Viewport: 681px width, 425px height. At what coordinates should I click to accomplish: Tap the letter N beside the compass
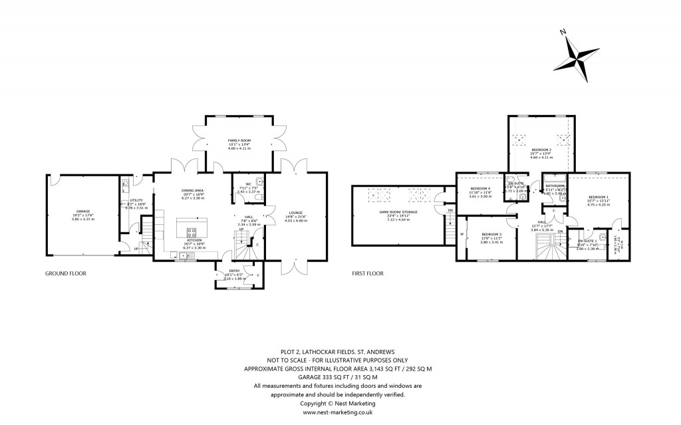[563, 33]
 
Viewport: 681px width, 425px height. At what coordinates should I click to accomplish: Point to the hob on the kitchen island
[193, 232]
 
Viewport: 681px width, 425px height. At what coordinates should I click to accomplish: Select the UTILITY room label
[136, 201]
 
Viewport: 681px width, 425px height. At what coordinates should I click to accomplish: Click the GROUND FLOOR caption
[66, 273]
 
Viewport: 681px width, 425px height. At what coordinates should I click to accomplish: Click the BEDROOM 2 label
[540, 150]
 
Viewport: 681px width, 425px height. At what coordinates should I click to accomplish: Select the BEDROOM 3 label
[491, 234]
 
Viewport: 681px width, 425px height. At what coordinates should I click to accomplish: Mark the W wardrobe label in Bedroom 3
[461, 234]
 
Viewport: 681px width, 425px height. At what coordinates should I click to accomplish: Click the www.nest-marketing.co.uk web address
[338, 412]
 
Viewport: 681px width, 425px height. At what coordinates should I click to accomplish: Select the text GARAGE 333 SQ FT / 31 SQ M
[338, 377]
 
